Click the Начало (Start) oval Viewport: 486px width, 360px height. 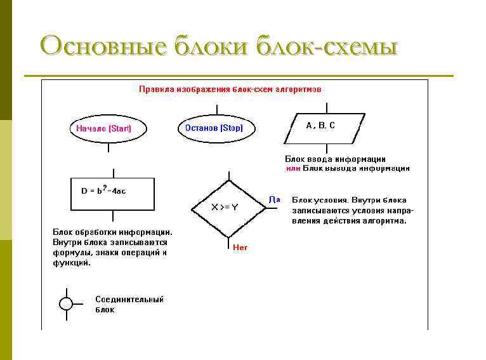point(108,129)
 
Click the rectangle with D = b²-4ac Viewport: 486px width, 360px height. point(112,193)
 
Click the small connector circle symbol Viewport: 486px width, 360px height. point(67,303)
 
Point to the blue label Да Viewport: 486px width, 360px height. point(275,199)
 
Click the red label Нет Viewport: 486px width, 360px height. point(240,248)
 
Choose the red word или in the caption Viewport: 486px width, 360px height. point(292,168)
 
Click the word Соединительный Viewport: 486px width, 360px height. point(129,299)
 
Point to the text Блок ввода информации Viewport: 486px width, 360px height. point(335,159)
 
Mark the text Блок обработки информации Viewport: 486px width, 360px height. point(112,232)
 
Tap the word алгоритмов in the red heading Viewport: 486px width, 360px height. point(298,90)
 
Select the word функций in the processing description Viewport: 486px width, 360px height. point(71,262)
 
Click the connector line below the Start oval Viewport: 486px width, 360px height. point(108,147)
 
